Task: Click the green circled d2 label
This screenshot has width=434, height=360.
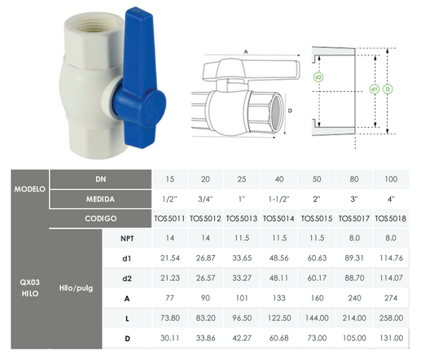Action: (318, 77)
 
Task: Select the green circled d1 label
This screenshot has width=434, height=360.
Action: (375, 89)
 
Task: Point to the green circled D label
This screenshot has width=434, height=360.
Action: (388, 89)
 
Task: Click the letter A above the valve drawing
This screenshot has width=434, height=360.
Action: (246, 52)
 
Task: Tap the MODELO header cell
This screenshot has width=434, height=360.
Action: (30, 189)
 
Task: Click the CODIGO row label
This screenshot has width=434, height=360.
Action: (100, 218)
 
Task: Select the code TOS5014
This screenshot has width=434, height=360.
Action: (278, 218)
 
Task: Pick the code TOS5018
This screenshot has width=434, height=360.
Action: (391, 218)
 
